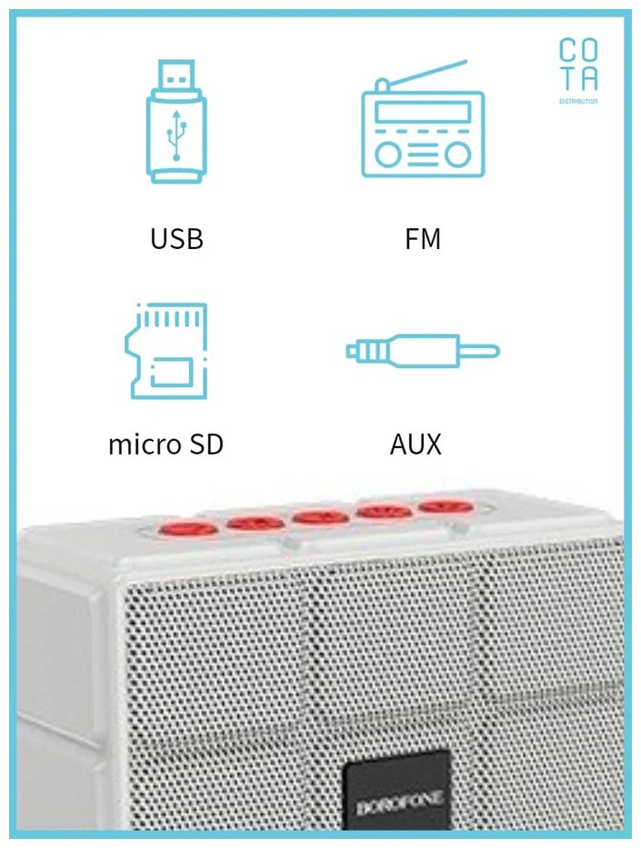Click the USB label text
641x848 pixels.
coord(176,239)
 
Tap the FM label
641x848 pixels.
coord(423,239)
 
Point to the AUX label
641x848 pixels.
coord(416,444)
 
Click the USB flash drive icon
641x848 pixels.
coord(175,122)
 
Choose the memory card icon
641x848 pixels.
coord(167,352)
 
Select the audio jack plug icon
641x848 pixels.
coord(423,351)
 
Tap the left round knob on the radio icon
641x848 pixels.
coord(388,155)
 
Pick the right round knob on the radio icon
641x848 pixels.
coord(458,155)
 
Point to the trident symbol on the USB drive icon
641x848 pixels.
coord(175,137)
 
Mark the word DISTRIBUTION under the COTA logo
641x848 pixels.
coord(578,101)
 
